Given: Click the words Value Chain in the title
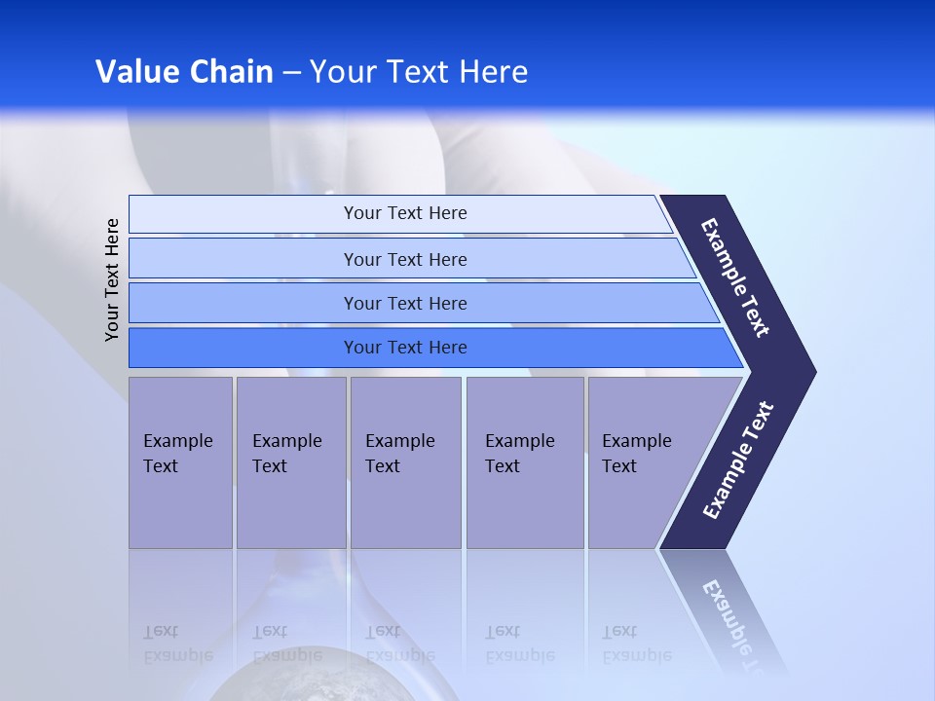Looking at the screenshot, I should (184, 72).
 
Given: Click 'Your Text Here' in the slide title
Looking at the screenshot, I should (419, 72).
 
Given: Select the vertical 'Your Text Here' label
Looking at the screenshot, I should (112, 279).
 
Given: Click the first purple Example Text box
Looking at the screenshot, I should (180, 462).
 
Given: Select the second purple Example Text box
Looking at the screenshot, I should (290, 462).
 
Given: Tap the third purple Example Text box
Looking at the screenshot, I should (405, 462).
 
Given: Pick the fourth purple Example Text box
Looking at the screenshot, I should (524, 462).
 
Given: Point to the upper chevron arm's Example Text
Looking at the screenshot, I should (735, 277).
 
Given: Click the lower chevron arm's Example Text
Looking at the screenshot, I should (738, 460).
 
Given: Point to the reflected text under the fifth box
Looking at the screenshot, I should (636, 644).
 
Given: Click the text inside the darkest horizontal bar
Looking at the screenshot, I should (405, 348).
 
